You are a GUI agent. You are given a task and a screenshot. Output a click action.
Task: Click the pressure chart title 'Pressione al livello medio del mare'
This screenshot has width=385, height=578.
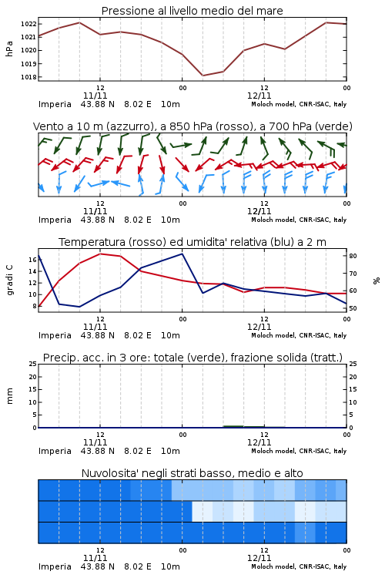[192, 11]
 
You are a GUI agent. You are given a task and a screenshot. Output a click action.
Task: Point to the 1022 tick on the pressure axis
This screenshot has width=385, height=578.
[28, 24]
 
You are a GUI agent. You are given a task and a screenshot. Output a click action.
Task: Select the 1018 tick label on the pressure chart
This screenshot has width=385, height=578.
[28, 77]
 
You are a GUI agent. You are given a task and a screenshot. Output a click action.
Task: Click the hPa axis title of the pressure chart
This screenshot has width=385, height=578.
[9, 49]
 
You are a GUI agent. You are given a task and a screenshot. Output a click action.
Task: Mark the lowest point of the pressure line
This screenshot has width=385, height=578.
[203, 76]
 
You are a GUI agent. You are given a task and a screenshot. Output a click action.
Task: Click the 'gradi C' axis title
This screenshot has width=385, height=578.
[9, 281]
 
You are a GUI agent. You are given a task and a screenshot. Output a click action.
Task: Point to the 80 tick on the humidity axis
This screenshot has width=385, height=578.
[353, 256]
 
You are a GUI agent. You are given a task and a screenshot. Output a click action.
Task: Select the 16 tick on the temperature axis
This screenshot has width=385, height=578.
[32, 260]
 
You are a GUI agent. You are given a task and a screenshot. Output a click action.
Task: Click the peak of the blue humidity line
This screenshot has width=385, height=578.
[182, 254]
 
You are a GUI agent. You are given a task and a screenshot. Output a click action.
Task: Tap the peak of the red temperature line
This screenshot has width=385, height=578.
[100, 254]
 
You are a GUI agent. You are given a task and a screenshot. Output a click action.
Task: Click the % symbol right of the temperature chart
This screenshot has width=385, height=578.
[377, 281]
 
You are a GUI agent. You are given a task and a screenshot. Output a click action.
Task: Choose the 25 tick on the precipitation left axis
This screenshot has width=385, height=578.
[32, 364]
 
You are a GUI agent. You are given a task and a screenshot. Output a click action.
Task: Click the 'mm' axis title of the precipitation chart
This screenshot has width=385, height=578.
[9, 396]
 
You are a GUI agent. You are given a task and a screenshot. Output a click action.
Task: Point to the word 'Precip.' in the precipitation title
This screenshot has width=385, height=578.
[60, 358]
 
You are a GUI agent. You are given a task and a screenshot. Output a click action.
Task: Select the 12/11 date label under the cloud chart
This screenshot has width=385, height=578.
[259, 558]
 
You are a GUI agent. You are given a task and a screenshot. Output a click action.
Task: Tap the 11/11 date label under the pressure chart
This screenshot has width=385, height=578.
[95, 96]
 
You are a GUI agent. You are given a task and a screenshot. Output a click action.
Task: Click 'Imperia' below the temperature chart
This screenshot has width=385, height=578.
[55, 336]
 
